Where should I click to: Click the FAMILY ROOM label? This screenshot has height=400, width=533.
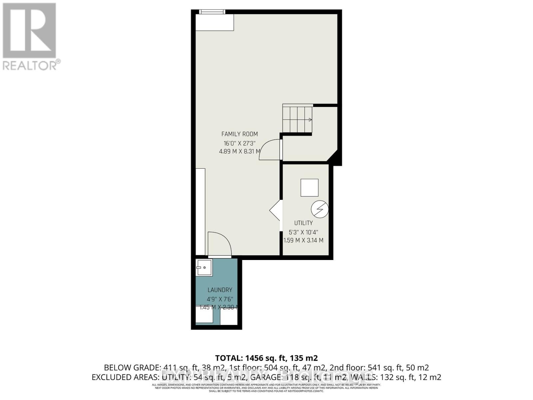click(240, 134)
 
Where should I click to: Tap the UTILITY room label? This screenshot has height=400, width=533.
click(303, 223)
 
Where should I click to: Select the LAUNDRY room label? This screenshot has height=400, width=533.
click(220, 290)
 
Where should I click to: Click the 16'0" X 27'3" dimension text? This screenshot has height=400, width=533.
click(239, 144)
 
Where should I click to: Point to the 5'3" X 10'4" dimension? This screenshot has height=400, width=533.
click(303, 232)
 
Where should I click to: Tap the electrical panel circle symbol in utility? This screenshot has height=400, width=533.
click(319, 209)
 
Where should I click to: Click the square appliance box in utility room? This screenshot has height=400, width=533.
click(309, 188)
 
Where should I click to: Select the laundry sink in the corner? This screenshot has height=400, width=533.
click(204, 268)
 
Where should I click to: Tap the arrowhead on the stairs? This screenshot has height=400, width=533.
click(310, 120)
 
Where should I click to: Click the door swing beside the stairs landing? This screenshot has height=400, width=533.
click(270, 150)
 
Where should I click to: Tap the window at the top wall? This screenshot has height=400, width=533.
click(212, 12)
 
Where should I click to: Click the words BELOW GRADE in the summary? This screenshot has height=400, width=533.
click(132, 368)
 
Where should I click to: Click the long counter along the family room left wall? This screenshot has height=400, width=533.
click(200, 212)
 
